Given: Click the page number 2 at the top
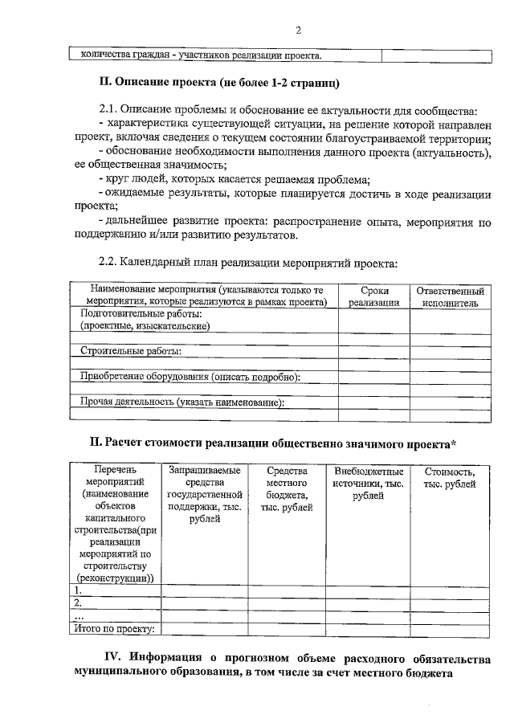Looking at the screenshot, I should (x=298, y=31).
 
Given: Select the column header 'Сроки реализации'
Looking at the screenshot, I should (x=373, y=296).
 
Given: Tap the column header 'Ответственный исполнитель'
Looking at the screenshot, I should (x=450, y=296).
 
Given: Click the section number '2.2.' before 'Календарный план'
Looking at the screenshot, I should (x=109, y=262).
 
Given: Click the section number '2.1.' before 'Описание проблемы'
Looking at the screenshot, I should (x=109, y=110).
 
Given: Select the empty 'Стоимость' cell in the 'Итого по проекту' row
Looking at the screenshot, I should (x=450, y=629).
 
